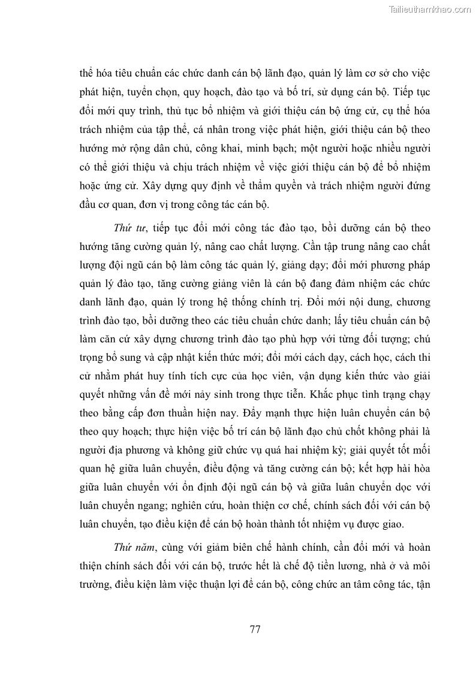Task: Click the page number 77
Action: pyautogui.click(x=254, y=629)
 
